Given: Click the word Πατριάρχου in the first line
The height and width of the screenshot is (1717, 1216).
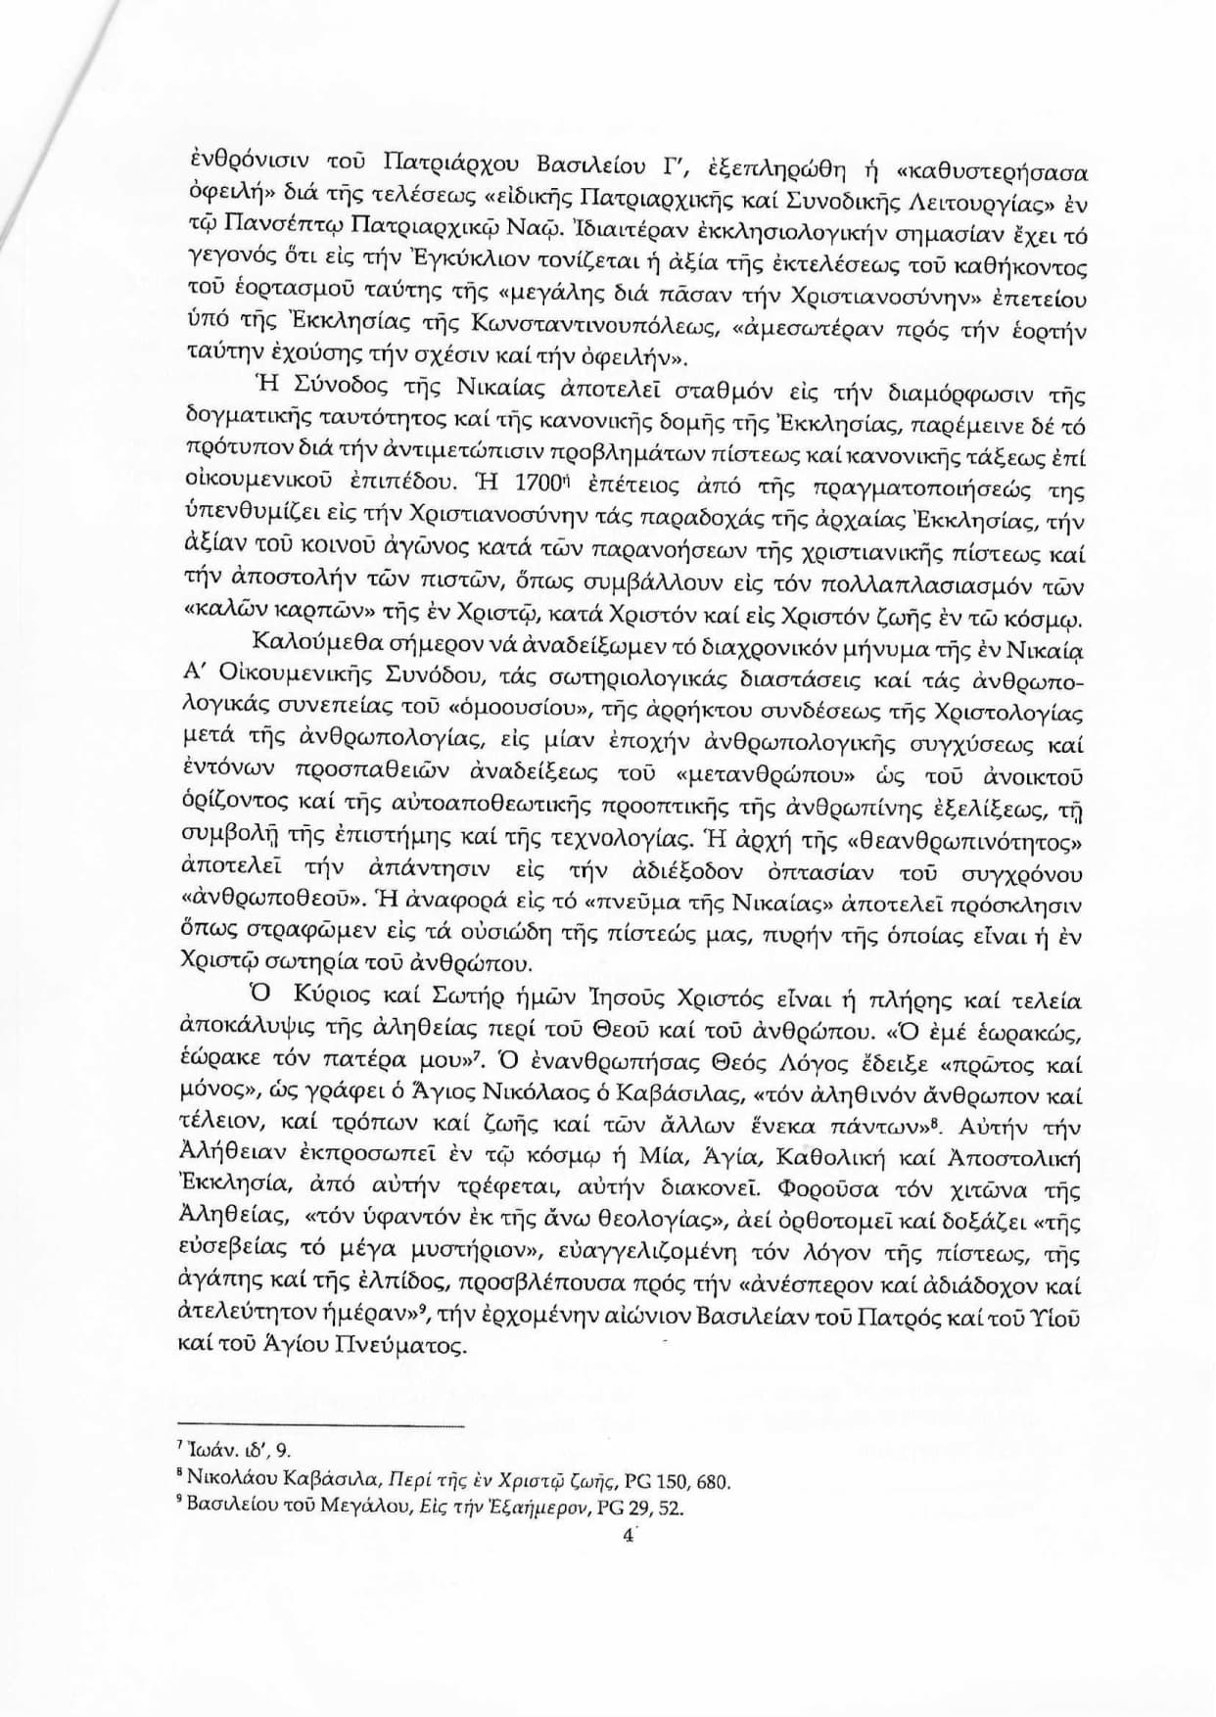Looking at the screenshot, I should [x=449, y=162].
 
